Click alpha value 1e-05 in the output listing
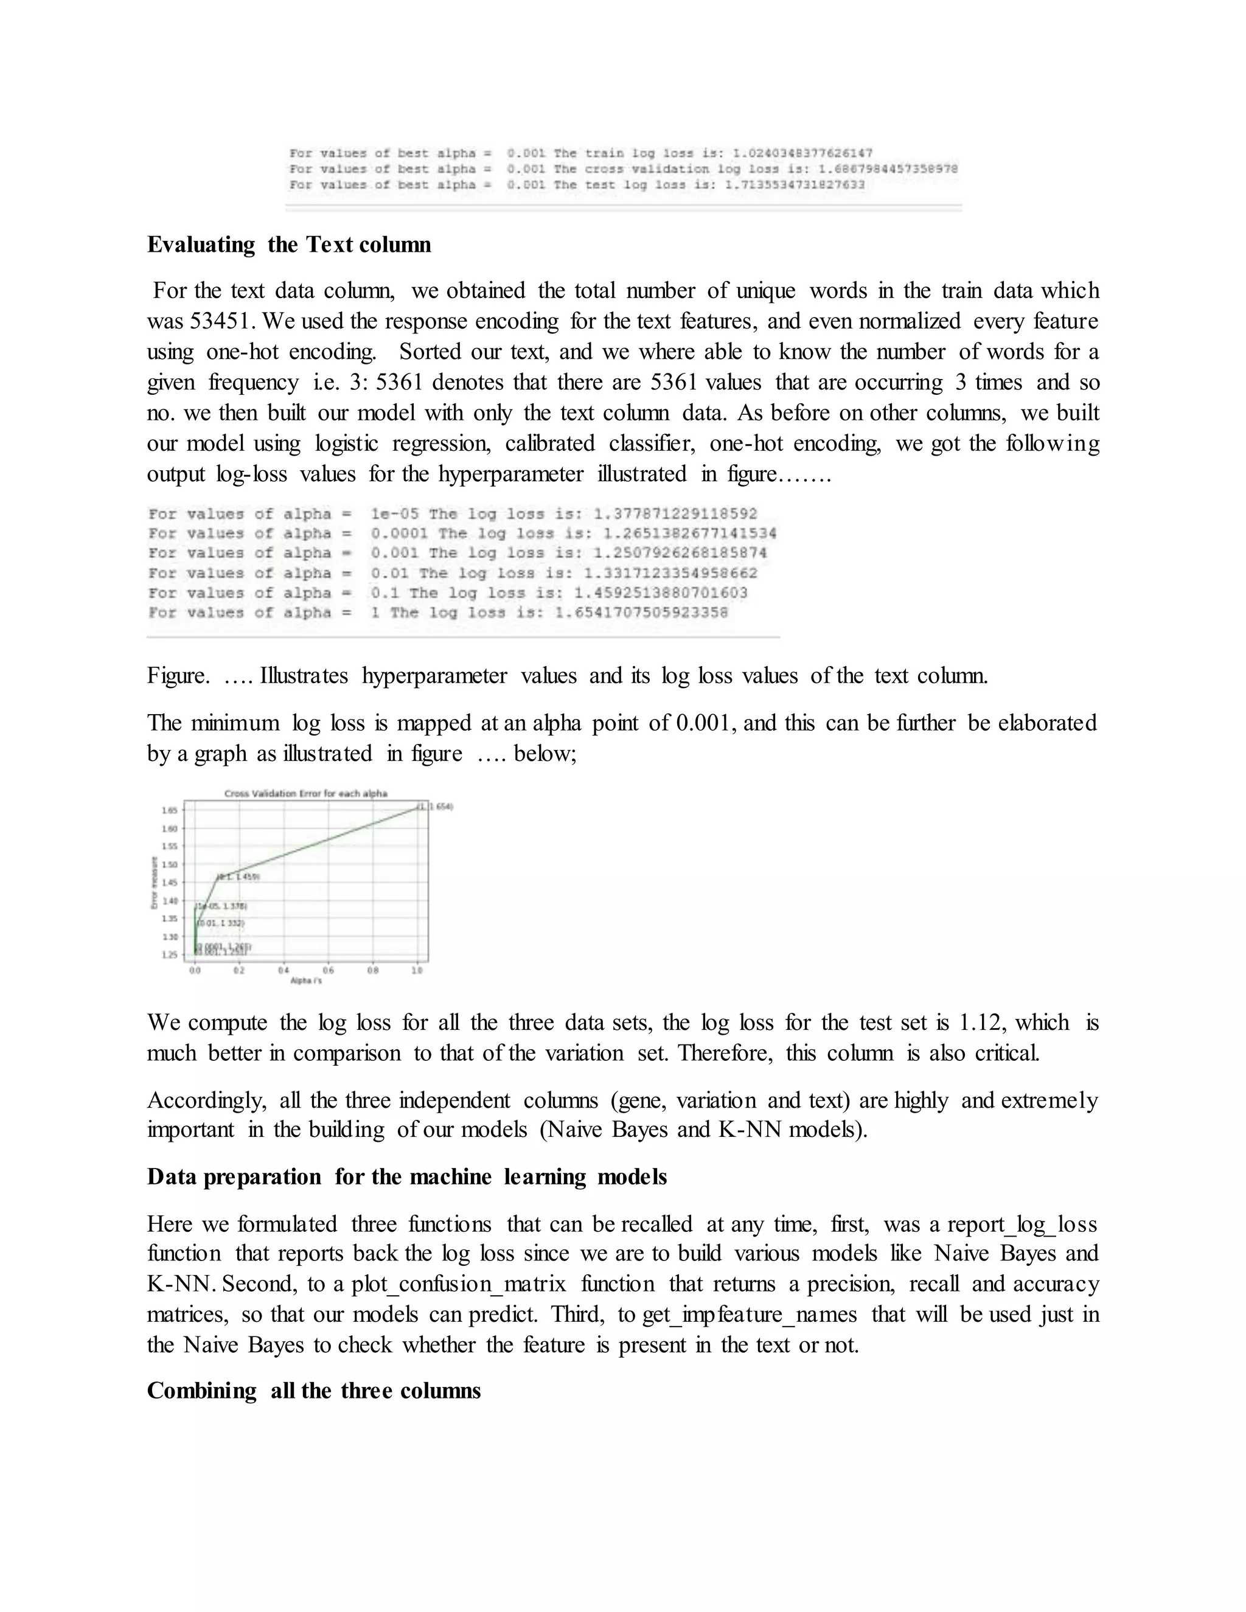(x=395, y=514)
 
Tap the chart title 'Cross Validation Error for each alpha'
(x=305, y=793)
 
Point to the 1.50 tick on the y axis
(x=169, y=864)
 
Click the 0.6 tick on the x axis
(x=329, y=971)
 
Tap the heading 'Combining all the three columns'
(x=314, y=1391)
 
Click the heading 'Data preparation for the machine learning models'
(x=407, y=1176)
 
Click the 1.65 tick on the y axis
(x=169, y=810)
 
